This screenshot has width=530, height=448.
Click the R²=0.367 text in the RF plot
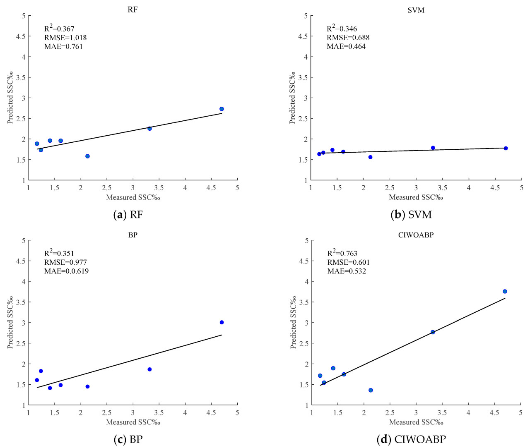(59, 29)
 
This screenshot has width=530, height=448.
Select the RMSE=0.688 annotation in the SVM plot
(348, 38)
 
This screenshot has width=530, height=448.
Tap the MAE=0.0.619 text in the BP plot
(66, 271)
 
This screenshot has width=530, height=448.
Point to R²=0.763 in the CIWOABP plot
(342, 253)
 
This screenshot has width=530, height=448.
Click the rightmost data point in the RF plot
(222, 109)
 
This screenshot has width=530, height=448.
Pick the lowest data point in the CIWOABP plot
(371, 390)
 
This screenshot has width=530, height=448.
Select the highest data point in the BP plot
(222, 322)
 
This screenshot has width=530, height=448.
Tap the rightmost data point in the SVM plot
(506, 148)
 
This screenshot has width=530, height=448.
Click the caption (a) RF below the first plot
(128, 215)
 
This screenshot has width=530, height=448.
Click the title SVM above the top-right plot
(416, 10)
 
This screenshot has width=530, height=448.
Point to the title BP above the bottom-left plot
(132, 235)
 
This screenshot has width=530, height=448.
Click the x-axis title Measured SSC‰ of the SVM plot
(416, 197)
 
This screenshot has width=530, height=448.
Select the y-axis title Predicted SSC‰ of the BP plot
(10, 322)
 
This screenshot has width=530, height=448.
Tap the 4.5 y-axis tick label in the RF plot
(21, 36)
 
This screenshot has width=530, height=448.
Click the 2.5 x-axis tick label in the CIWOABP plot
(390, 413)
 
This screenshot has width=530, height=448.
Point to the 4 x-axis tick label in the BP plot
(185, 413)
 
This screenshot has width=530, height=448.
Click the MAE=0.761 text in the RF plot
(63, 46)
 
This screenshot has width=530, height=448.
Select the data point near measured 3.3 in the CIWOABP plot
(433, 332)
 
